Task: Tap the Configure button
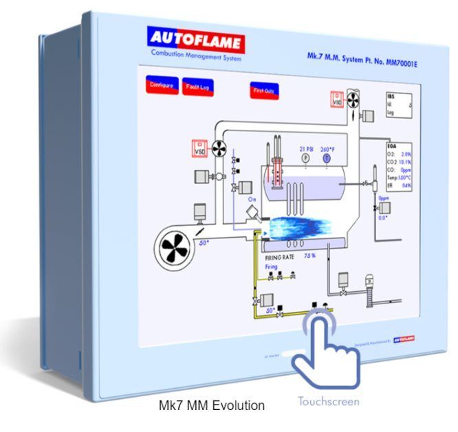[162, 86]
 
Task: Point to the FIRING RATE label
[281, 255]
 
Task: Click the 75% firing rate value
[309, 255]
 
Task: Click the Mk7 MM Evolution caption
[211, 405]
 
